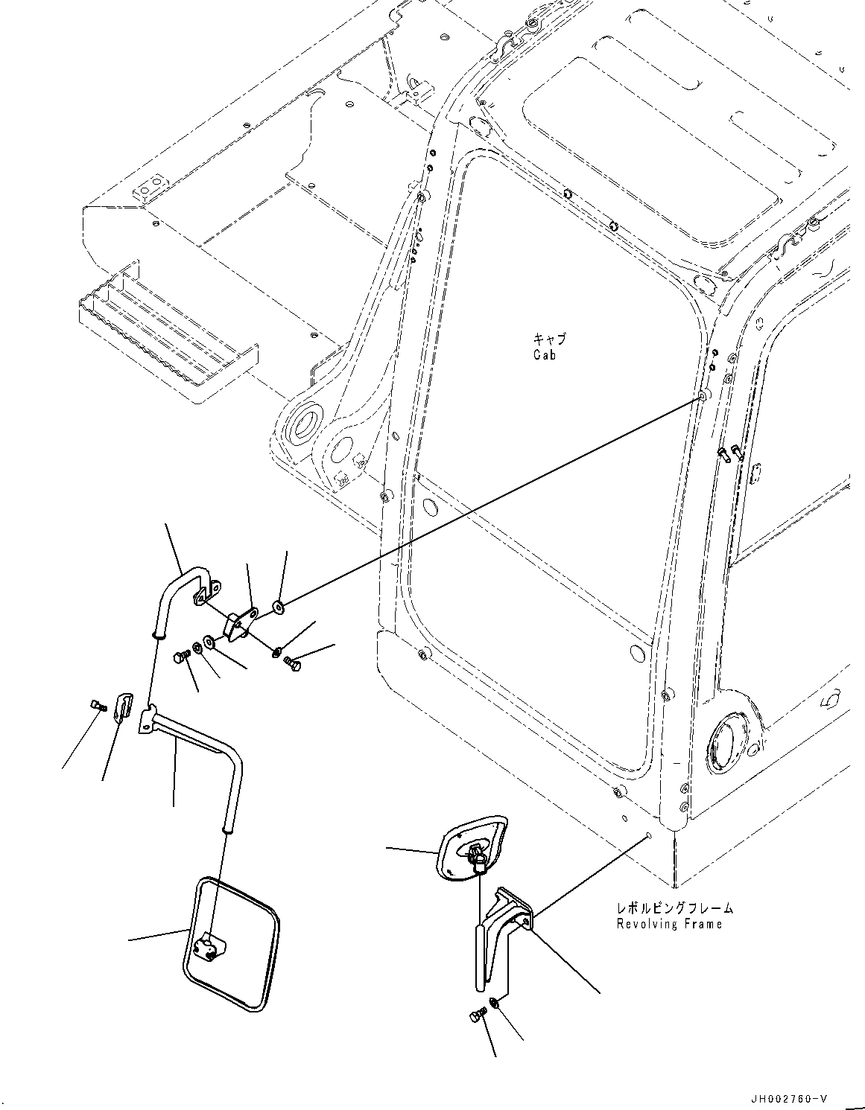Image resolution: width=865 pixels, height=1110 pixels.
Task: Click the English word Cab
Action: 544,355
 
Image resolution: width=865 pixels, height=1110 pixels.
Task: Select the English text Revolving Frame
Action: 668,924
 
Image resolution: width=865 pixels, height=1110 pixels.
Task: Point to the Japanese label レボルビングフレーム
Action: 674,908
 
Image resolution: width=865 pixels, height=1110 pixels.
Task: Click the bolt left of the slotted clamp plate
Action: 95,704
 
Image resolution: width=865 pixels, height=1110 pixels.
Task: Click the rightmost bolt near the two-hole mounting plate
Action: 293,660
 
